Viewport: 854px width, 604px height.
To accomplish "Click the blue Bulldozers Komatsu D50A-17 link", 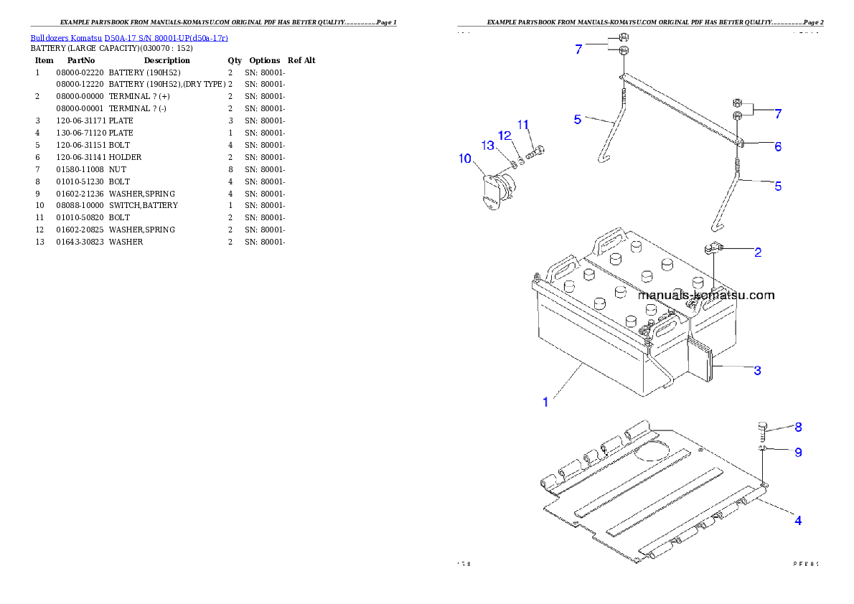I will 129,38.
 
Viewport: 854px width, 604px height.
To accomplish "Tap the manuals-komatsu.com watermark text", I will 706,295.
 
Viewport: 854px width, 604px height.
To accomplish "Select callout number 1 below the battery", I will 545,402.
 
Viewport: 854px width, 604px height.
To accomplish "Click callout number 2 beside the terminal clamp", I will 758,252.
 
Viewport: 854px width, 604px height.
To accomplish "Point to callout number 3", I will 757,371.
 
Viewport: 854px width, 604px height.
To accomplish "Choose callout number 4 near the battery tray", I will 797,521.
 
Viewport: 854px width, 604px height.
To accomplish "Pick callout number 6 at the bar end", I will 777,146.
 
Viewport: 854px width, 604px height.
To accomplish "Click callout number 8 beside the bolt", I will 798,427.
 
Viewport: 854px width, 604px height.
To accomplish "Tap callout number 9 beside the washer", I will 798,453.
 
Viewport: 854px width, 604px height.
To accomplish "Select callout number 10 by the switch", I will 465,158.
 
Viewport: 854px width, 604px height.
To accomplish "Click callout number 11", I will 523,124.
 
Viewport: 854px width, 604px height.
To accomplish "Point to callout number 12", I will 505,136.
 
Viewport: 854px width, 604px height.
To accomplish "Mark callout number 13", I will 488,146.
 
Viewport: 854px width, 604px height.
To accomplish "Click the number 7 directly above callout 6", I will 777,113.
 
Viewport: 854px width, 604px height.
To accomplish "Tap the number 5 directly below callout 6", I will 777,187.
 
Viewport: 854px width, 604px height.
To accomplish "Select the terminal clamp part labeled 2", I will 711,250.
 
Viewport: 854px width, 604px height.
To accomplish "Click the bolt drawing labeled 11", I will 535,151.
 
